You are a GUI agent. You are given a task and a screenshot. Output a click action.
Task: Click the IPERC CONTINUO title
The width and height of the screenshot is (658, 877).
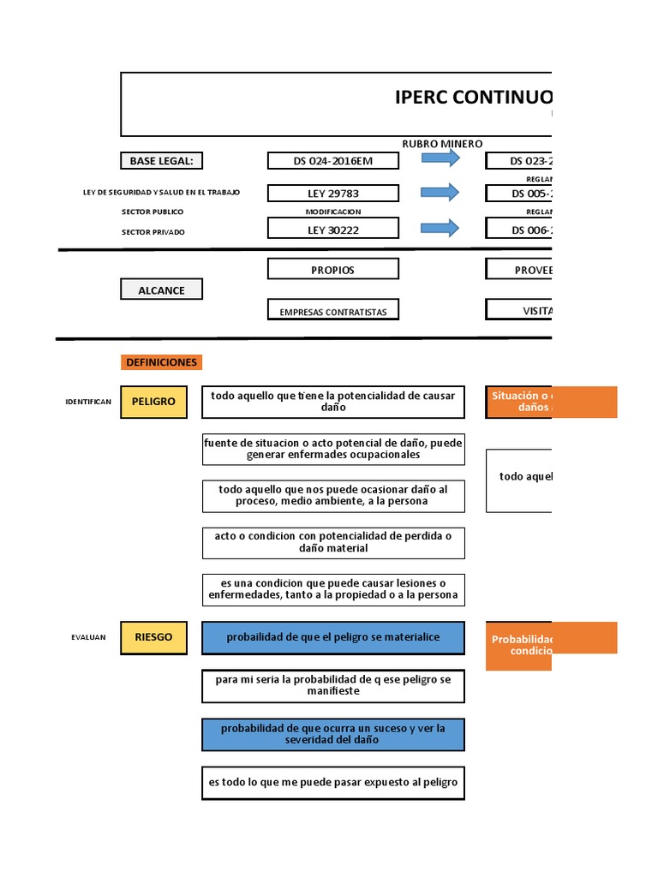(473, 97)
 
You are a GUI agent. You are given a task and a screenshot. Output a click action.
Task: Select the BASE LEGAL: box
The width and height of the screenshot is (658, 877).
(161, 160)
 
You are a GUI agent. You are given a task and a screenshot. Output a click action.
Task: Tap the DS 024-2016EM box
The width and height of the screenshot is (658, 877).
(333, 160)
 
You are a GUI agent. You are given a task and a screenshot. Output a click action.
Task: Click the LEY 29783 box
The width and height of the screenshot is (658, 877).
(333, 194)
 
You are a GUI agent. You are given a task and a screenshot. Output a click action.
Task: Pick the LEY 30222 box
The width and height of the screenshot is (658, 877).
(333, 229)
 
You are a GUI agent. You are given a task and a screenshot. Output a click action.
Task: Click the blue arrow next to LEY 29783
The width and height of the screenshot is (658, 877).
(440, 193)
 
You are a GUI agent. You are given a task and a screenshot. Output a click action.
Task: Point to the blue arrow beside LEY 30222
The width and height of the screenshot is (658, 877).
(440, 228)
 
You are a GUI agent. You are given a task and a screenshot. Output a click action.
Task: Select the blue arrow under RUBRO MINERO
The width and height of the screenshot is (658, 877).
(440, 160)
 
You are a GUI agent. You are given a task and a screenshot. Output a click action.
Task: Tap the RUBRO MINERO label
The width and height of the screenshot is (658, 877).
(442, 144)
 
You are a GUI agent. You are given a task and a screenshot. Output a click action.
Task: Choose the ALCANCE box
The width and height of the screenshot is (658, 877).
(161, 289)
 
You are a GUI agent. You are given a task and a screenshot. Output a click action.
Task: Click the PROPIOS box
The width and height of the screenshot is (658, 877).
(332, 270)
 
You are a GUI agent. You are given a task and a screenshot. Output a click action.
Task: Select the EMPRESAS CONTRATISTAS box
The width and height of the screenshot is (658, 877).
(332, 312)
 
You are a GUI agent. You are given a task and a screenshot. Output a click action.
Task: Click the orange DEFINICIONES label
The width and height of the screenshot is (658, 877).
(161, 362)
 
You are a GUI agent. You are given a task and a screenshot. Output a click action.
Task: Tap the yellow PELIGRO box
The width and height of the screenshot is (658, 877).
(153, 402)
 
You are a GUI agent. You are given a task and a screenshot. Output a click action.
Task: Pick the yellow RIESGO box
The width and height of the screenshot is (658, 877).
(153, 637)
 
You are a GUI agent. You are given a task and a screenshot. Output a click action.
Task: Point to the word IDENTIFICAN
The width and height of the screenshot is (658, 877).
(88, 402)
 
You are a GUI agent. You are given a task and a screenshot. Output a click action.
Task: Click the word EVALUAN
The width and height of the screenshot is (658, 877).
(89, 637)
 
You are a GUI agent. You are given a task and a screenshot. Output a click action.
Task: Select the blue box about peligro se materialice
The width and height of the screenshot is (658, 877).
(333, 637)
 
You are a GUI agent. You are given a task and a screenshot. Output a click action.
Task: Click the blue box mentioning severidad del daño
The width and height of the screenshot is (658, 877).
(333, 734)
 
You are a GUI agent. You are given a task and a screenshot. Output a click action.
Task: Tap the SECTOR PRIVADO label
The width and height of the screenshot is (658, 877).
(153, 232)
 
